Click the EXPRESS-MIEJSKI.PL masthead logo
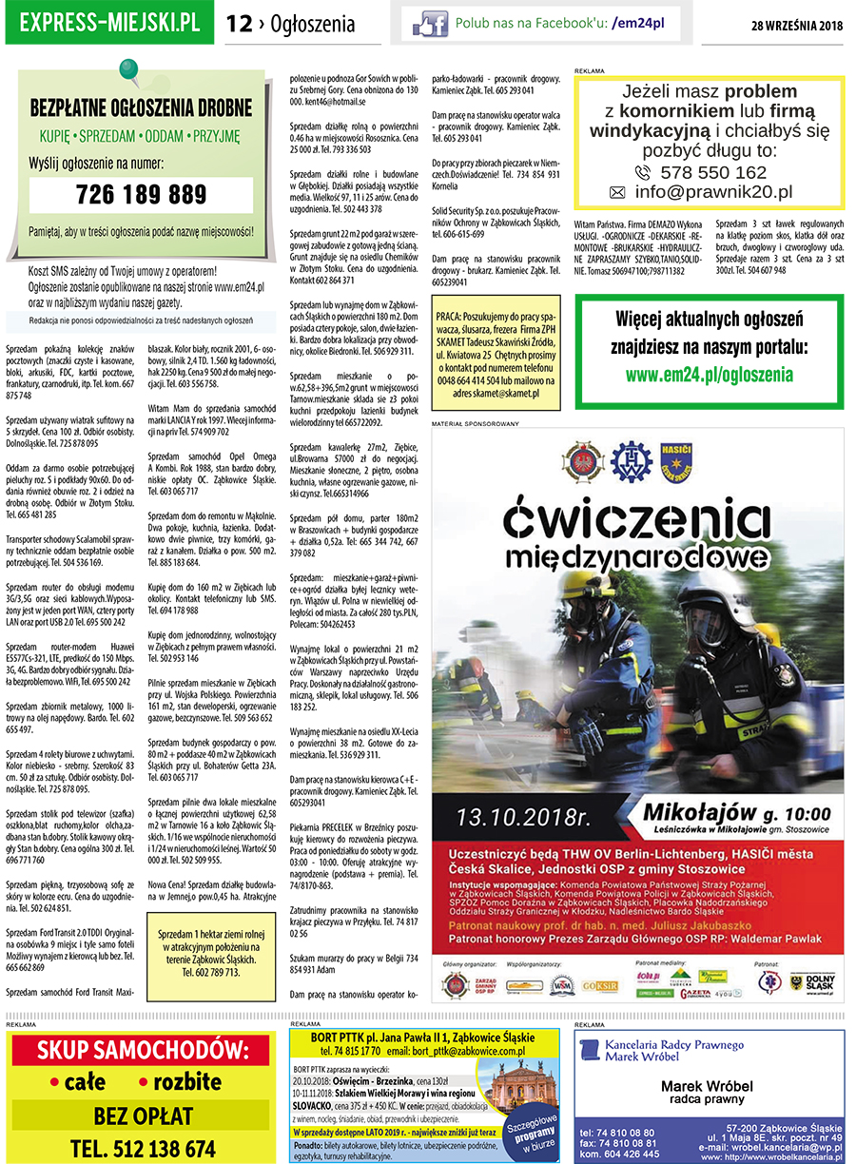click(x=109, y=23)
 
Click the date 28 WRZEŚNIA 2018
click(x=797, y=25)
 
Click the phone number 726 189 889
click(x=141, y=195)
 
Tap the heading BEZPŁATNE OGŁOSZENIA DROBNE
click(x=141, y=107)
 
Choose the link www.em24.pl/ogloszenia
click(x=709, y=375)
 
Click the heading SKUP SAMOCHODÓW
click(x=141, y=1052)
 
